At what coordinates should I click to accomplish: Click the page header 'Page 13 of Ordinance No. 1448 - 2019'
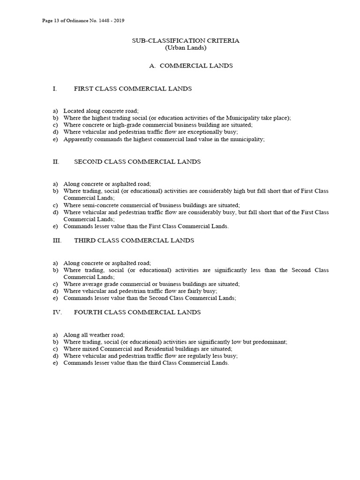pyautogui.click(x=83, y=21)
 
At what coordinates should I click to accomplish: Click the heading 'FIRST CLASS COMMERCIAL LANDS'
pyautogui.click(x=133, y=89)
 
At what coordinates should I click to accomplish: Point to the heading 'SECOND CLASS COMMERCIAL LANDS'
pyautogui.click(x=137, y=162)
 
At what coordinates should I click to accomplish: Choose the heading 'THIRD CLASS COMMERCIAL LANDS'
pyautogui.click(x=134, y=240)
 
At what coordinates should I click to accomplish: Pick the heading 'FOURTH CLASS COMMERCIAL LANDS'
pyautogui.click(x=137, y=312)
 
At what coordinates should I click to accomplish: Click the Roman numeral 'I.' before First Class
pyautogui.click(x=55, y=89)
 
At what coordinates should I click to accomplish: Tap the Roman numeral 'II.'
pyautogui.click(x=56, y=162)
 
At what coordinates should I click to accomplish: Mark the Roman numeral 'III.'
pyautogui.click(x=57, y=240)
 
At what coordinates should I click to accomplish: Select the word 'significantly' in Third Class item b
pyautogui.click(x=227, y=270)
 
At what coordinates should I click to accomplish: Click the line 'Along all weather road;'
pyautogui.click(x=94, y=335)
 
